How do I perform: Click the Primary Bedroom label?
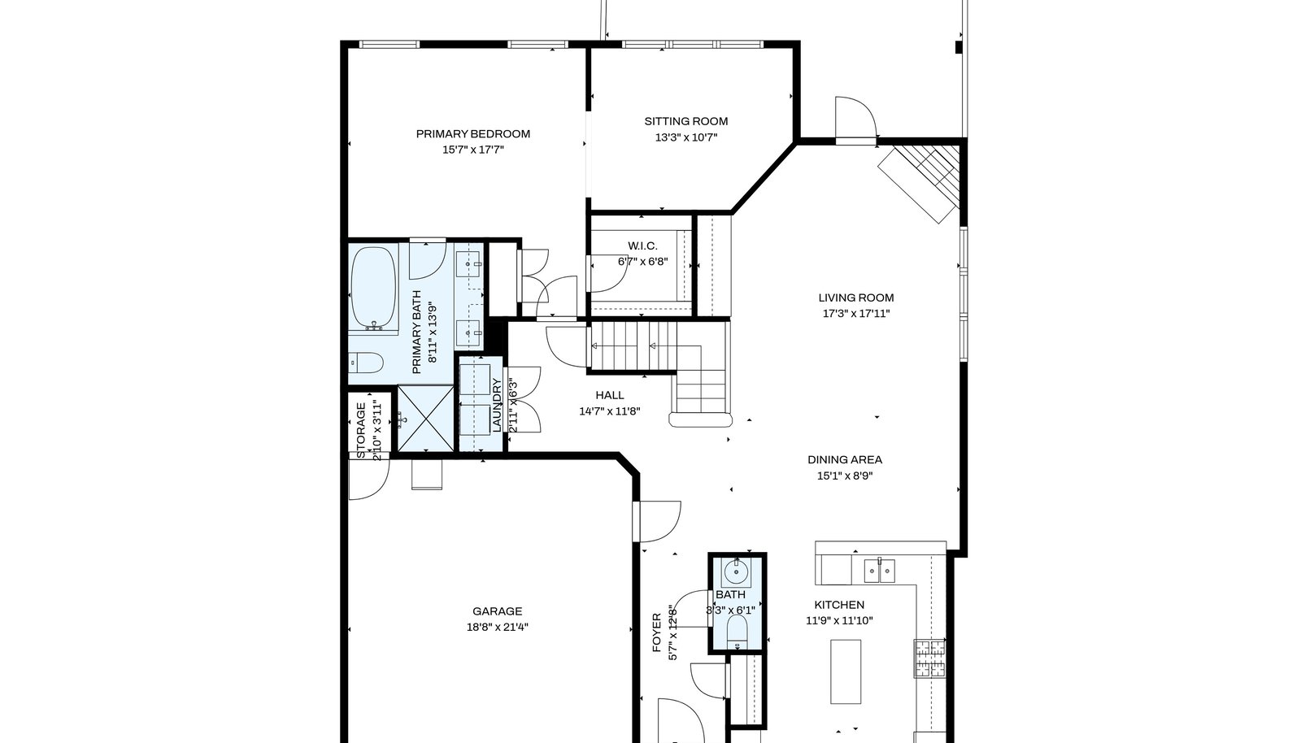[x=472, y=134]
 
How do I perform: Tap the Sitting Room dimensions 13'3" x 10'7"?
[x=686, y=137]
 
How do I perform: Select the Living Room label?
[x=856, y=298]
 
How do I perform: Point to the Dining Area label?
[x=845, y=460]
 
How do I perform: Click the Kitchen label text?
[x=839, y=605]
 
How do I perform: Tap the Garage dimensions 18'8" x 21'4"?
[x=497, y=627]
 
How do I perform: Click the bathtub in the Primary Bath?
[x=374, y=289]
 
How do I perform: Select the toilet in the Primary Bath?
[x=366, y=363]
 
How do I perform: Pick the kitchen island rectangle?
[x=846, y=671]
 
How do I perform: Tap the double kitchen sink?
[x=879, y=571]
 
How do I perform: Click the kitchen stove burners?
[x=930, y=658]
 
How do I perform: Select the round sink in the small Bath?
[x=736, y=572]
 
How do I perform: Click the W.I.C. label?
[x=643, y=246]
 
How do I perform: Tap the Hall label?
[x=610, y=395]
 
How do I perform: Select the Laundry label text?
[x=497, y=405]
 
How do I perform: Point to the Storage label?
[x=361, y=430]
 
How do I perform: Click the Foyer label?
[x=657, y=632]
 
